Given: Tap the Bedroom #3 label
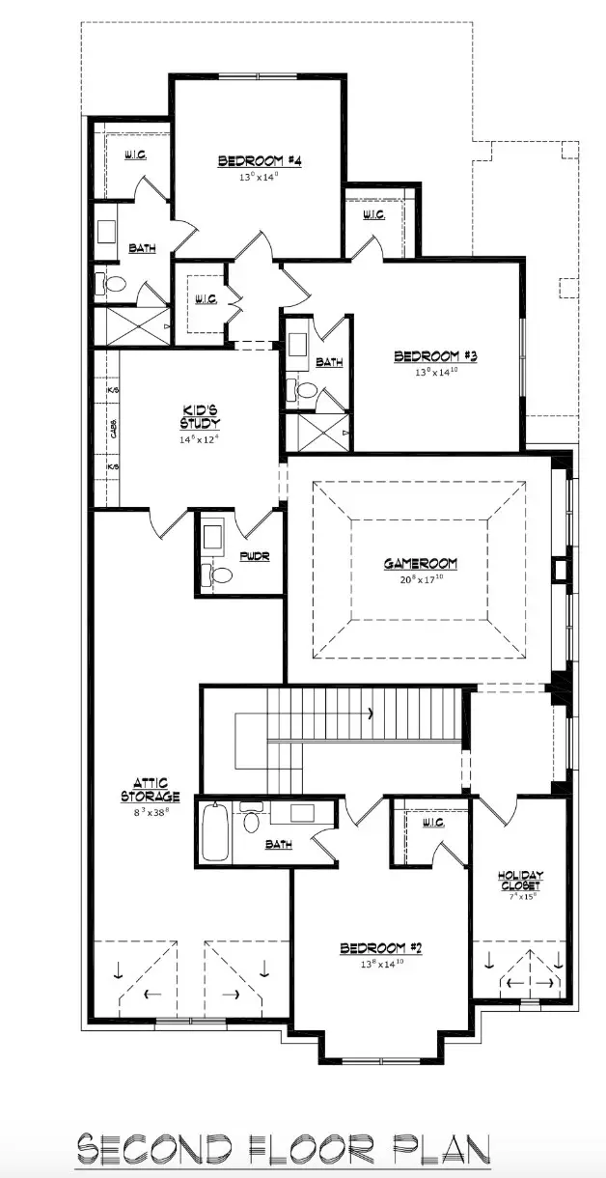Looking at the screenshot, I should coord(435,357).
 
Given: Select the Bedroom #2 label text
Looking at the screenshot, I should coord(381,948).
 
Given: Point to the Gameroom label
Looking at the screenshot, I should coord(420,564).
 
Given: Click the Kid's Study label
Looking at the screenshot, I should coord(199,416).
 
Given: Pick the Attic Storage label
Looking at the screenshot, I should coord(150,790).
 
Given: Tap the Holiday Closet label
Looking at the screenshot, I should coord(520,881).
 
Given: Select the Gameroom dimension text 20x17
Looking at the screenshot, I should coord(421,579).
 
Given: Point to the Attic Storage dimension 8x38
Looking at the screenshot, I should coord(151,813).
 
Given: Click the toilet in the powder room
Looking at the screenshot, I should coord(220,575).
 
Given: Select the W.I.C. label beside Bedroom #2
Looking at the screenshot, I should coord(432,823).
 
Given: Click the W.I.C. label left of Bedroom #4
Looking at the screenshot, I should coord(134,154).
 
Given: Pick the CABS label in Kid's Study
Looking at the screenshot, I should coord(114,428).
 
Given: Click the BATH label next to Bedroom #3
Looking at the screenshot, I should coord(329,363).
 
